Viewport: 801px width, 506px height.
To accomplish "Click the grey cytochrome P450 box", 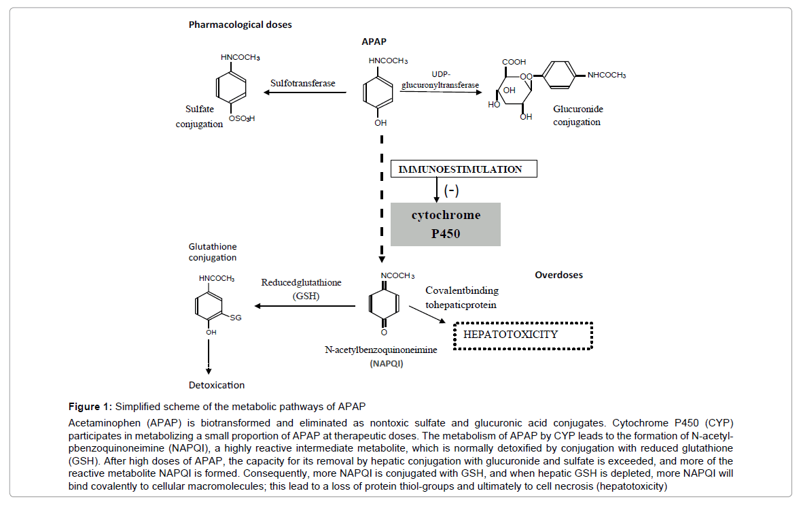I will pyautogui.click(x=445, y=224).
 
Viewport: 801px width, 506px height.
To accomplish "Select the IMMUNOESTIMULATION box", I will pyautogui.click(x=465, y=169).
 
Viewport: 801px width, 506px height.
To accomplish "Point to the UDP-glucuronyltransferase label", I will pyautogui.click(x=440, y=79).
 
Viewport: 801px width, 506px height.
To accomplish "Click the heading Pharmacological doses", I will pyautogui.click(x=240, y=25).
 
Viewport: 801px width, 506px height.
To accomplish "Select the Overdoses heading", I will pyautogui.click(x=558, y=275).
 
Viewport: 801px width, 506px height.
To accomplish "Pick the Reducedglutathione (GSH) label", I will pyautogui.click(x=302, y=289).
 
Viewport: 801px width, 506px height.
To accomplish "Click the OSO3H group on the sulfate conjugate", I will pyautogui.click(x=241, y=118).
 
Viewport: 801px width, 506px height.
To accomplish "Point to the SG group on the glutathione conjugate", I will pyautogui.click(x=235, y=318).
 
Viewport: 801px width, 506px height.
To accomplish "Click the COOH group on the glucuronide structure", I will pyautogui.click(x=514, y=63).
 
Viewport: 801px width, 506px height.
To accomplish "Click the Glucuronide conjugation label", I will pyautogui.click(x=577, y=116).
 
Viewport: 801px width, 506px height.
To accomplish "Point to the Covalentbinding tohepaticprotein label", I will pyautogui.click(x=461, y=297).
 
